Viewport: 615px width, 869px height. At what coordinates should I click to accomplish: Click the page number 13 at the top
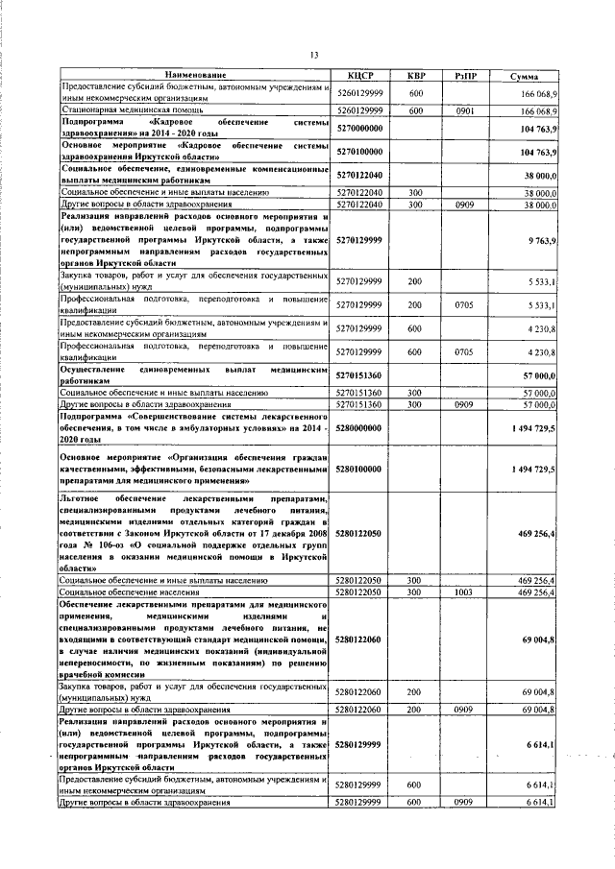point(313,54)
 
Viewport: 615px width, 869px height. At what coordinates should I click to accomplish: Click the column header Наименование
point(195,75)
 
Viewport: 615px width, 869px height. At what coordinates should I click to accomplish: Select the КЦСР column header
point(359,75)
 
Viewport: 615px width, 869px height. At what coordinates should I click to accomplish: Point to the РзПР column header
point(464,75)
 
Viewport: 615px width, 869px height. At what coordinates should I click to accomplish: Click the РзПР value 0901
point(464,110)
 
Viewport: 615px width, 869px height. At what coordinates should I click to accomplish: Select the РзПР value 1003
point(464,592)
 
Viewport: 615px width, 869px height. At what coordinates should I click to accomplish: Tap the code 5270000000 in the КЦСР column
point(360,128)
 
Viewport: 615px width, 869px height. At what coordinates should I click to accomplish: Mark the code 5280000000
point(360,424)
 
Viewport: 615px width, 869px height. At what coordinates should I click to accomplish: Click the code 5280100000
point(360,469)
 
